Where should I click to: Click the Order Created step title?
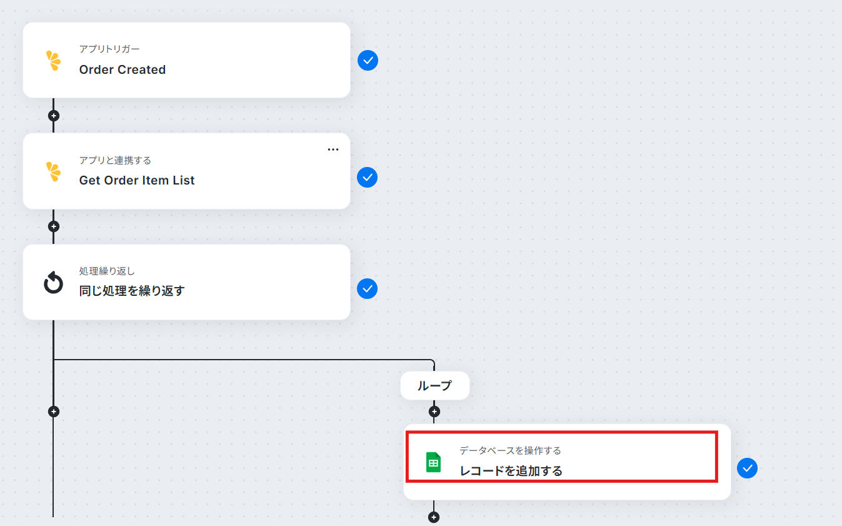click(x=122, y=69)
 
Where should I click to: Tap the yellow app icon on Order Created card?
click(x=53, y=61)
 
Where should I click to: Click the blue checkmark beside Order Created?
click(x=368, y=60)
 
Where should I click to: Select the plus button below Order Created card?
click(x=53, y=116)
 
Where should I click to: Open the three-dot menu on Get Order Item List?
click(x=333, y=149)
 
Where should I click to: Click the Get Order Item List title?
click(x=137, y=181)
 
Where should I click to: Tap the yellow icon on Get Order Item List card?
click(x=53, y=171)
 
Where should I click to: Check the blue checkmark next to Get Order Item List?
click(x=368, y=177)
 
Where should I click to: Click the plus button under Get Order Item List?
click(x=53, y=226)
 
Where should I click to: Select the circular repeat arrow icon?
click(x=53, y=282)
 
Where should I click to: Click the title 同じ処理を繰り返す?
click(x=131, y=291)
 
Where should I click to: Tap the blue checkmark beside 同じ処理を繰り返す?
click(x=368, y=288)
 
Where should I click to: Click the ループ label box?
click(x=435, y=385)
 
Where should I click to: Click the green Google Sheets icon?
click(x=433, y=462)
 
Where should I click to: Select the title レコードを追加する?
click(x=511, y=471)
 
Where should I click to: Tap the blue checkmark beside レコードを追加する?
click(x=747, y=468)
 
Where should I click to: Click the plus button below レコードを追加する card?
click(x=434, y=517)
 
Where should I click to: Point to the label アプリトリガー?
click(x=109, y=49)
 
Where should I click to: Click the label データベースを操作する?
click(x=510, y=450)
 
